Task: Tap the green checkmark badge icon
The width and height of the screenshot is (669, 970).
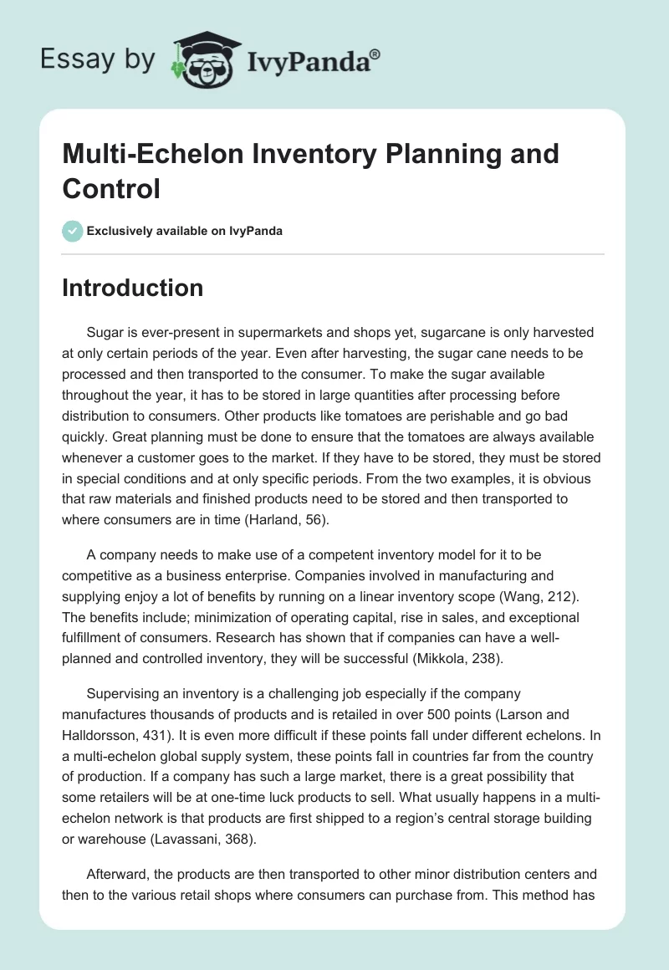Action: (x=73, y=231)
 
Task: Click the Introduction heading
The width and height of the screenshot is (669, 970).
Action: (x=133, y=288)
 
